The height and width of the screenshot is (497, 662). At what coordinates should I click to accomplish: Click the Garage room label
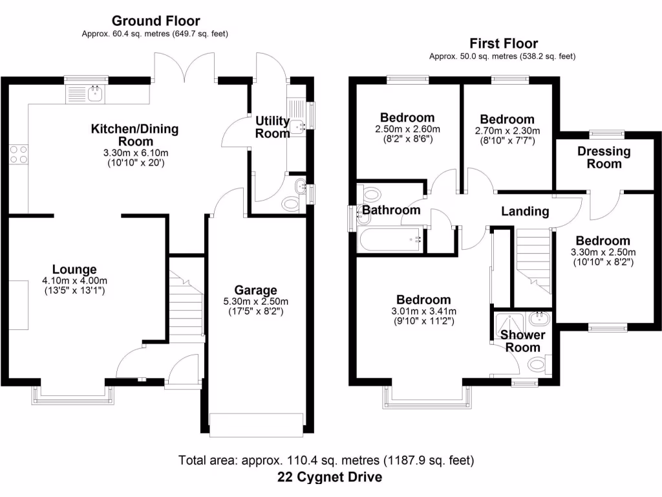(256, 291)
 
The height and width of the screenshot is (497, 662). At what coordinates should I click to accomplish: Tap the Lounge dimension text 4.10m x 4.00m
(74, 280)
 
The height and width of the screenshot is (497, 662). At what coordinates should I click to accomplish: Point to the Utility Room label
(272, 127)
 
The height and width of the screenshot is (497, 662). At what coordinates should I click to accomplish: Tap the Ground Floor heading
(156, 21)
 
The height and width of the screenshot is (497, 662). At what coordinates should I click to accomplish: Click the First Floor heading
(503, 44)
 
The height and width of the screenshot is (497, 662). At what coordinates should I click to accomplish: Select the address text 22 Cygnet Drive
(330, 478)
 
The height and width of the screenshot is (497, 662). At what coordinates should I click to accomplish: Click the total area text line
(326, 461)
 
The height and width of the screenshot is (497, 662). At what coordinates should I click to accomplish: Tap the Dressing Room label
(604, 157)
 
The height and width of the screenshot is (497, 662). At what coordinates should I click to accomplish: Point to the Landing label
(525, 211)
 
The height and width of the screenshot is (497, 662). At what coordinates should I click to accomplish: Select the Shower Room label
(522, 341)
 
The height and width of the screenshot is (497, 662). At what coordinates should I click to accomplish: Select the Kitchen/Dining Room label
(134, 135)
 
